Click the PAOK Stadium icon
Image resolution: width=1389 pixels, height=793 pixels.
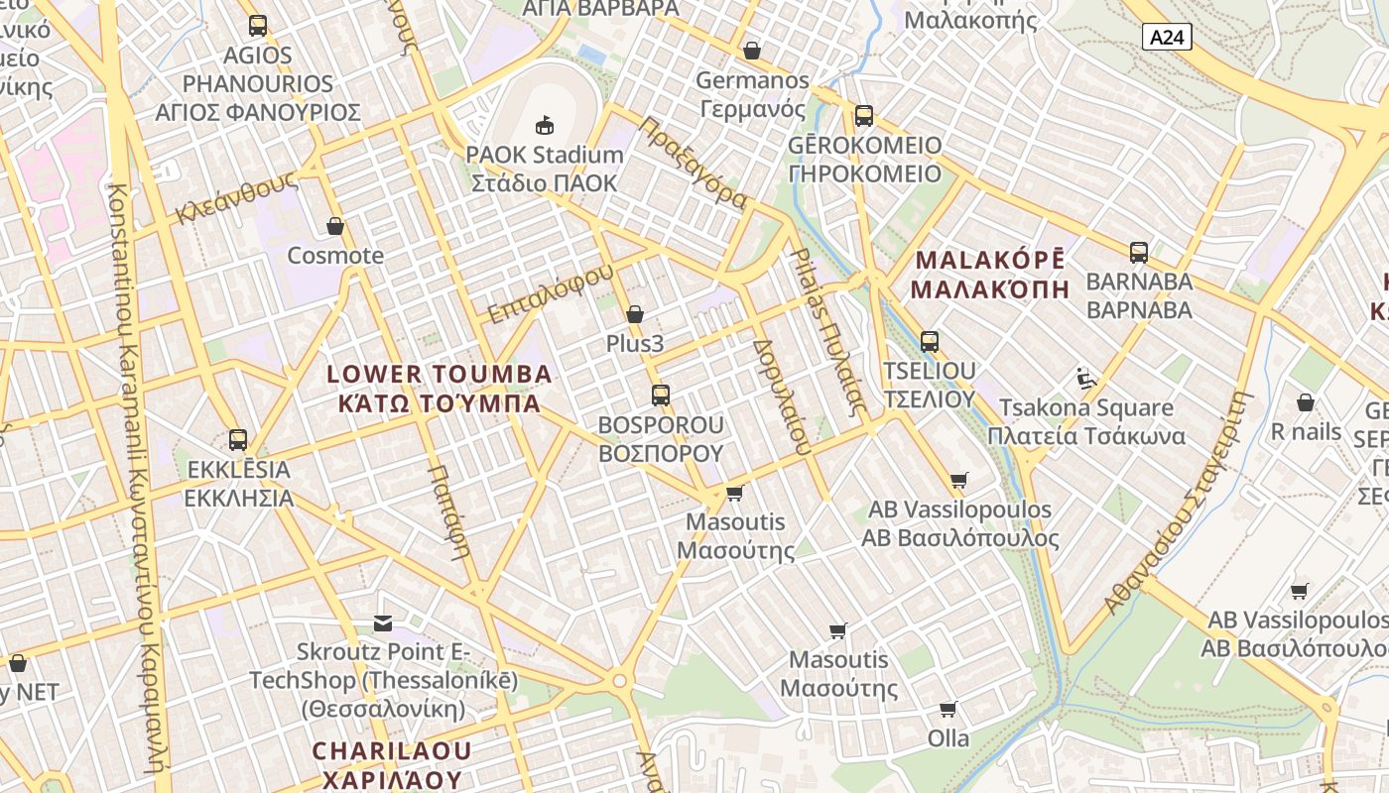(544, 125)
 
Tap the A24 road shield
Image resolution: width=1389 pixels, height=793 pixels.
(1167, 38)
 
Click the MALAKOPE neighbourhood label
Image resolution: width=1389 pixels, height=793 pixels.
(990, 275)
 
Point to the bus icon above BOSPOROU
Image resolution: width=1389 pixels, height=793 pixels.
(661, 395)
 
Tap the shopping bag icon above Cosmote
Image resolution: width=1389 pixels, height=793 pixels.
(335, 226)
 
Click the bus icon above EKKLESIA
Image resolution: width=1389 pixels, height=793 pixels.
(238, 439)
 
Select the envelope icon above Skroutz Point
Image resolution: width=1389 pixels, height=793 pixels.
(383, 623)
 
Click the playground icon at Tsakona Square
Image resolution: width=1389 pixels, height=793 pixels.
(1086, 378)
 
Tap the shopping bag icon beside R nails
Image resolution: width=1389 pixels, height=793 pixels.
(1306, 402)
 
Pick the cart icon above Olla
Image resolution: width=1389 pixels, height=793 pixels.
(947, 709)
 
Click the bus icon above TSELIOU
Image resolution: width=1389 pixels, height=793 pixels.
(930, 341)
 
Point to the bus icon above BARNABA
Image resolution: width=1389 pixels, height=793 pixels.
(1138, 252)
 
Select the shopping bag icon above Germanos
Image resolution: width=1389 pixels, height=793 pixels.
(752, 50)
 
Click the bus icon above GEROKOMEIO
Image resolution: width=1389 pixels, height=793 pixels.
(864, 115)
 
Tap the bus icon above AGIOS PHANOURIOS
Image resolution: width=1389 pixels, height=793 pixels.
(258, 25)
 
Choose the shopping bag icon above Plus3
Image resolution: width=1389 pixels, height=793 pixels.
(635, 314)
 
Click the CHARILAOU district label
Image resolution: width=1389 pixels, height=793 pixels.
(392, 764)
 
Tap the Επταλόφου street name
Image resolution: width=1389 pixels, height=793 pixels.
(552, 294)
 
